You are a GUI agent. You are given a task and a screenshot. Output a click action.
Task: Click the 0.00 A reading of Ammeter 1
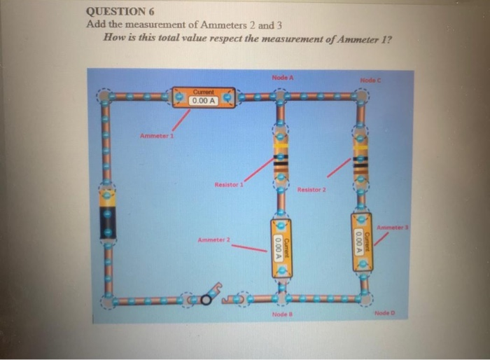(204, 101)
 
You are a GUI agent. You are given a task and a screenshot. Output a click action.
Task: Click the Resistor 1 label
(229, 185)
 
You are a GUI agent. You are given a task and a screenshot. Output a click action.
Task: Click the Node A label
(281, 77)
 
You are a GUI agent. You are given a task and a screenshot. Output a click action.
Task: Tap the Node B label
(281, 314)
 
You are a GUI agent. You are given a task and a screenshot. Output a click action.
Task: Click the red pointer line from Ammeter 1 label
(181, 121)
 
